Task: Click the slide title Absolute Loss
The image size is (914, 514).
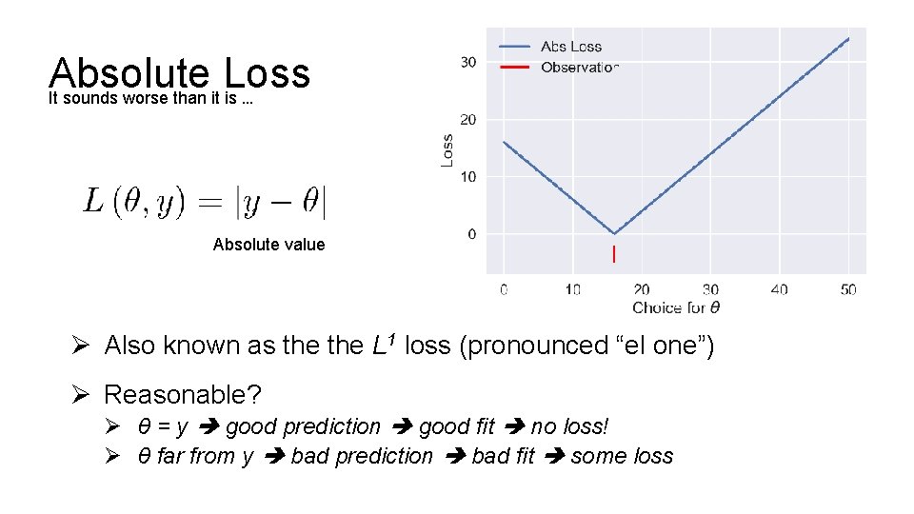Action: coord(179,74)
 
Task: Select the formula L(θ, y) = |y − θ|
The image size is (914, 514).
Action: coord(206,202)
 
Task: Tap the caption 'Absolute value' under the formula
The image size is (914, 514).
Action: coord(268,245)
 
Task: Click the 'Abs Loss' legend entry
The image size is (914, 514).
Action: coord(570,47)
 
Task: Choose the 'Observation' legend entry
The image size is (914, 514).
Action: coord(579,68)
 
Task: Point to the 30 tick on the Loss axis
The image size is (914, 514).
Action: coord(467,63)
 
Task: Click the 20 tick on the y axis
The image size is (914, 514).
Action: coord(467,120)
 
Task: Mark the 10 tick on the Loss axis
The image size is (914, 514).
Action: coord(467,177)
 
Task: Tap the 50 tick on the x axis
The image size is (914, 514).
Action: coord(848,289)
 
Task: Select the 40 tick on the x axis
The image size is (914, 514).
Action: coord(779,289)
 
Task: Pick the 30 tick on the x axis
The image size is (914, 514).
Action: coord(710,289)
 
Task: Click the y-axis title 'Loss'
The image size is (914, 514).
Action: coord(447,150)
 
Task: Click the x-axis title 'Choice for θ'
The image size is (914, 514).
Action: coord(676,307)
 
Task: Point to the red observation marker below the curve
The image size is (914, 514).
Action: coord(614,254)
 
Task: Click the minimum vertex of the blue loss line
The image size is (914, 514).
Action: coord(614,233)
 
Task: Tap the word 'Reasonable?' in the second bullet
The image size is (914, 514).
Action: coord(182,394)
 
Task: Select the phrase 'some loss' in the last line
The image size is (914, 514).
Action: coord(622,456)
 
